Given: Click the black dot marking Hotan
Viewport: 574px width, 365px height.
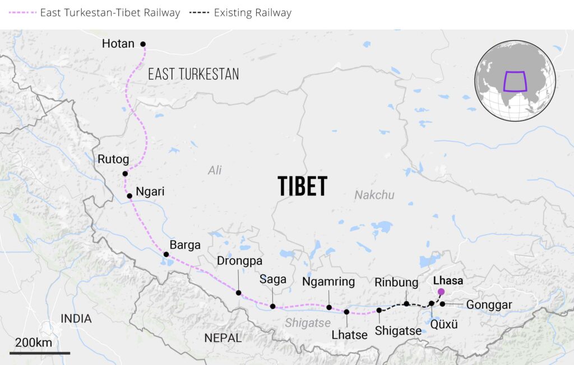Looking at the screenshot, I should pyautogui.click(x=143, y=44).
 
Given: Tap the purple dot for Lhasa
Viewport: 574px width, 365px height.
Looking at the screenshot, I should pyautogui.click(x=441, y=291).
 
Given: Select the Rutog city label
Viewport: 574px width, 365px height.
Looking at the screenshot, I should pyautogui.click(x=114, y=160).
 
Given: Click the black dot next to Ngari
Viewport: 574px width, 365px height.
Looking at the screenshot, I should pyautogui.click(x=129, y=196).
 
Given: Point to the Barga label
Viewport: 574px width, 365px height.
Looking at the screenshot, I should pyautogui.click(x=185, y=245).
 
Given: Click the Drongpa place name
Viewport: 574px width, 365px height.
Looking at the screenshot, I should pyautogui.click(x=239, y=261).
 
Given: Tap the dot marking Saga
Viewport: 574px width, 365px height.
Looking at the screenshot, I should pyautogui.click(x=272, y=306).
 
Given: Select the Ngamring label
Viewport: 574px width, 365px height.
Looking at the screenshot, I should pyautogui.click(x=328, y=282).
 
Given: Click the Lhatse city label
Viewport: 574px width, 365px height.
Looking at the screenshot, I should pyautogui.click(x=349, y=335).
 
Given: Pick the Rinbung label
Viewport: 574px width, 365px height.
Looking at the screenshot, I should pyautogui.click(x=396, y=283).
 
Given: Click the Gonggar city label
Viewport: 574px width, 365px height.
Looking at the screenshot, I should pyautogui.click(x=489, y=305).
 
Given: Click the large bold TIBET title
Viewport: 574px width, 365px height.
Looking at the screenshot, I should pyautogui.click(x=302, y=186).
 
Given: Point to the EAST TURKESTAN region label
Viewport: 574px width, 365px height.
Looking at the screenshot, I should pyautogui.click(x=193, y=74).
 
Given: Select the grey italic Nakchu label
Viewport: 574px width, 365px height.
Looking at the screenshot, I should pyautogui.click(x=374, y=195).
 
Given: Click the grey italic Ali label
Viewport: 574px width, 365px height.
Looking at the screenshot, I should pyautogui.click(x=215, y=170).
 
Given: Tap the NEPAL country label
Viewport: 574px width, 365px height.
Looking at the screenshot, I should pyautogui.click(x=223, y=338).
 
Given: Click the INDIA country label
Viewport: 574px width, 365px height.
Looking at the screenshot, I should pyautogui.click(x=76, y=319).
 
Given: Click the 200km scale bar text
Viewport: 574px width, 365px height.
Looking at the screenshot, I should pyautogui.click(x=34, y=343).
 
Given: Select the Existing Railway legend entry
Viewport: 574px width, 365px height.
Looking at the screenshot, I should pyautogui.click(x=252, y=12).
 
